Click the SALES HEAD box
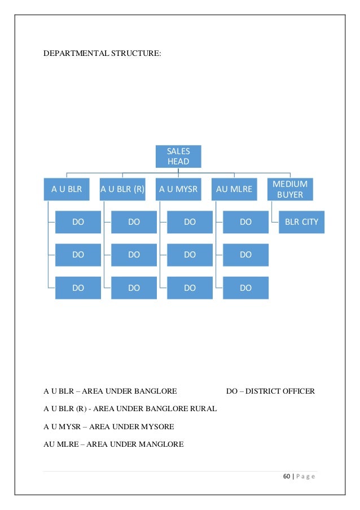coord(178,156)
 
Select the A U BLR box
coord(67,190)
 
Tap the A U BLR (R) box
coord(122,190)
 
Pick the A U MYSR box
coord(178,190)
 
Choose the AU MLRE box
coord(234,190)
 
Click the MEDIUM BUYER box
coord(290,190)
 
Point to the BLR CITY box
coord(302,222)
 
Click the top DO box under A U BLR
coord(78,222)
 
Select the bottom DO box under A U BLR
coord(78,287)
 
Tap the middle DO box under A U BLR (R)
coord(134,255)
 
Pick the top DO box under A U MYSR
coord(190,222)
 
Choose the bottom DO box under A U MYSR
coord(190,287)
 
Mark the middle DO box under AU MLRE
coord(245,255)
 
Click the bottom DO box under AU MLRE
coord(245,287)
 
